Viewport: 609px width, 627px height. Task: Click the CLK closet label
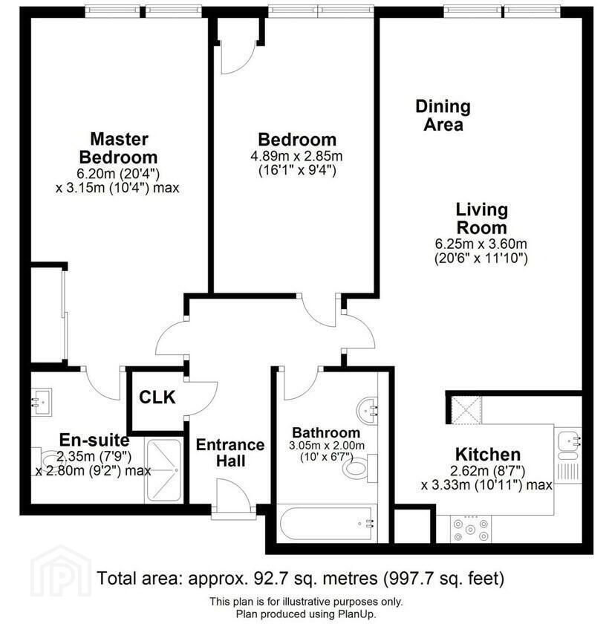157,397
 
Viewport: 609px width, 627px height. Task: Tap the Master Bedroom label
118,148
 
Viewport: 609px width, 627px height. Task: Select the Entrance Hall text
230,452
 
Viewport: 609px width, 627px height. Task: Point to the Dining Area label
443,115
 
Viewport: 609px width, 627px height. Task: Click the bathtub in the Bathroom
326,524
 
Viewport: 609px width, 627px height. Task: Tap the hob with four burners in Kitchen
471,529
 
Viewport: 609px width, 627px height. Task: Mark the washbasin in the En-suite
42,402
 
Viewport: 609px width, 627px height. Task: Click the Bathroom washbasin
367,410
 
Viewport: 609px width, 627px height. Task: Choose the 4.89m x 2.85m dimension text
296,156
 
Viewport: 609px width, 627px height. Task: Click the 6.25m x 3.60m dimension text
481,244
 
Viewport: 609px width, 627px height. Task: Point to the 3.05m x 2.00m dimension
327,446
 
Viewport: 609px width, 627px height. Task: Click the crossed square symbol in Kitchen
466,409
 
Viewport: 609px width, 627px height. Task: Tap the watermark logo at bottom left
61,572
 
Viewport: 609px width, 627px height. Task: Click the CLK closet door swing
203,399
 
